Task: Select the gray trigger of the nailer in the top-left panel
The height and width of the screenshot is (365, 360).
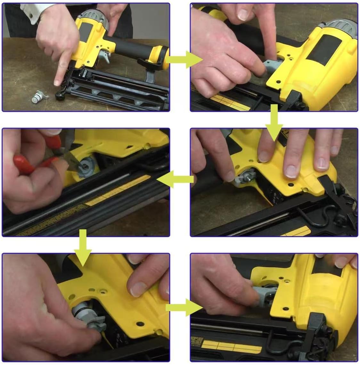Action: (x=104, y=58)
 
